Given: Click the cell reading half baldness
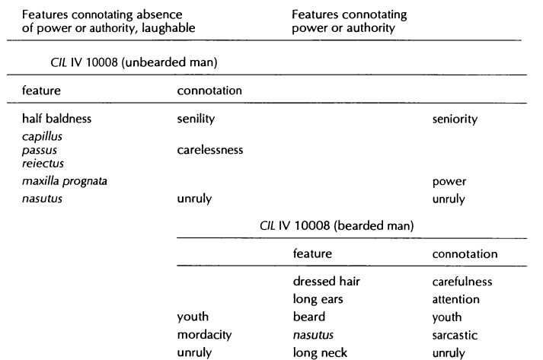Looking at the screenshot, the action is point(56,119).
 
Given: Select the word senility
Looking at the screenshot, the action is point(196,119).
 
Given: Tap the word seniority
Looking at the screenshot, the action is point(455,119).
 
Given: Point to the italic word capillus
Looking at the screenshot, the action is point(42,136).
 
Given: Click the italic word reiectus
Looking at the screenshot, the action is point(43,164).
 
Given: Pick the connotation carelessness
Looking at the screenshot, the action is point(210,150).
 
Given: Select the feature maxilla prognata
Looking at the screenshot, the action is point(65,181).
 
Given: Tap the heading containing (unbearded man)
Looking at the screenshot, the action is point(134,62).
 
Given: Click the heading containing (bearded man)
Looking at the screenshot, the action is point(337,226).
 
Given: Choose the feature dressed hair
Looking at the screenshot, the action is point(326,281).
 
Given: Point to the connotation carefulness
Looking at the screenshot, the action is point(462,282).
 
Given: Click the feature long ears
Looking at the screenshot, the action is point(318,299).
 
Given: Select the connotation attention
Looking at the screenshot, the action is point(455,299).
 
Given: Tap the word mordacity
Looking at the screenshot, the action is point(204,335).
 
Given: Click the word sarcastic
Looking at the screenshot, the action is point(455,335).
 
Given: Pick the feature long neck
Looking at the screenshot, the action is point(320,352).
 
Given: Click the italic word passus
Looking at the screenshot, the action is point(39,150).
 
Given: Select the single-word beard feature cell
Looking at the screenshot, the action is point(309,317).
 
